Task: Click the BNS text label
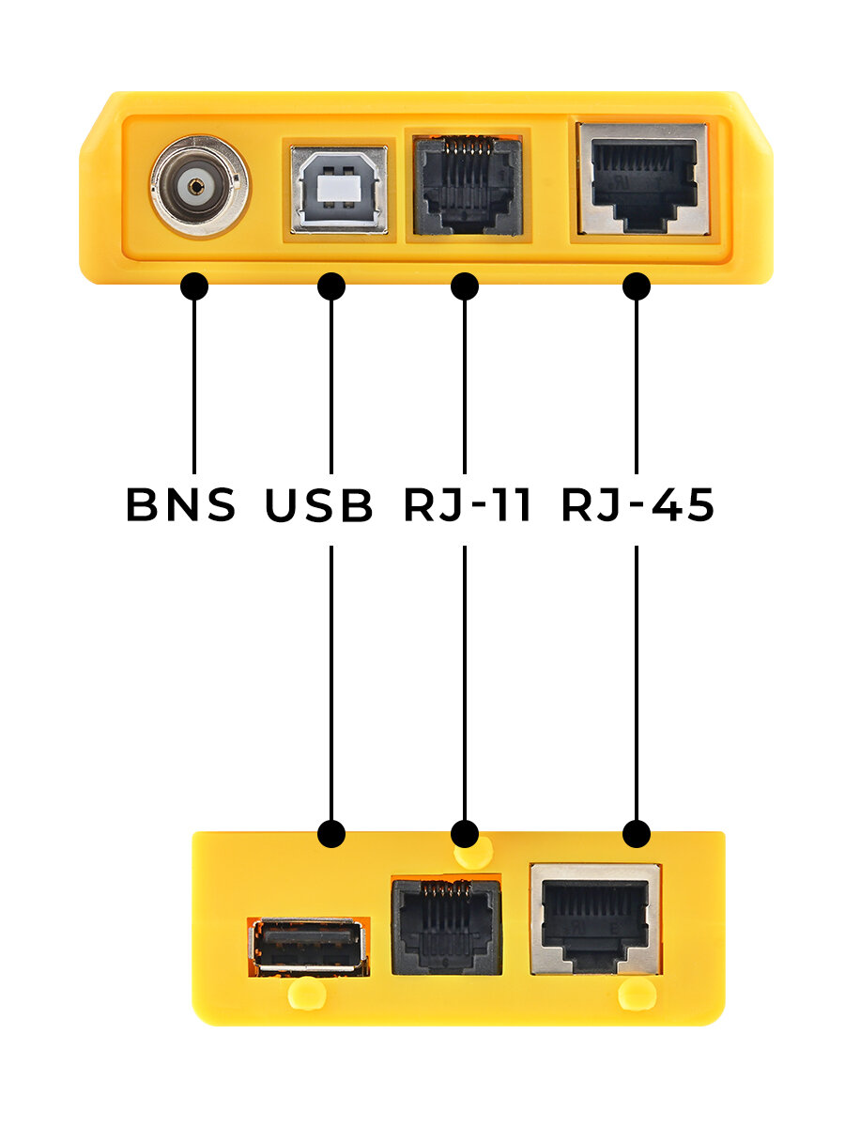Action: pyautogui.click(x=180, y=505)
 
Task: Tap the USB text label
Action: pyautogui.click(x=318, y=505)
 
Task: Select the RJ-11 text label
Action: pyautogui.click(x=468, y=505)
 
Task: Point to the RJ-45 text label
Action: pyautogui.click(x=638, y=505)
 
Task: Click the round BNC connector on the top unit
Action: pyautogui.click(x=199, y=185)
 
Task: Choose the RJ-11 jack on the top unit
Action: pyautogui.click(x=466, y=186)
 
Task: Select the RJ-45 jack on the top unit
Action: pyautogui.click(x=642, y=179)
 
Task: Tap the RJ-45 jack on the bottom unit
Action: pyautogui.click(x=595, y=919)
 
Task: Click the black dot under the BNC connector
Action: pyautogui.click(x=193, y=286)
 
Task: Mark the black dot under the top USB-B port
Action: pyautogui.click(x=331, y=286)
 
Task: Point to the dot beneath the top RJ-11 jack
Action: pyautogui.click(x=465, y=286)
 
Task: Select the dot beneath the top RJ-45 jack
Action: pyautogui.click(x=637, y=286)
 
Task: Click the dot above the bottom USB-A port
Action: pyautogui.click(x=331, y=832)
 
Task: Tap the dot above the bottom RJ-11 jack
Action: pyautogui.click(x=465, y=832)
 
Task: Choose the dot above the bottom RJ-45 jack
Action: pyautogui.click(x=637, y=832)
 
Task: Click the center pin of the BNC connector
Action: pyautogui.click(x=195, y=185)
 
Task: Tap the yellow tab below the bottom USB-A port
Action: pyautogui.click(x=307, y=992)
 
